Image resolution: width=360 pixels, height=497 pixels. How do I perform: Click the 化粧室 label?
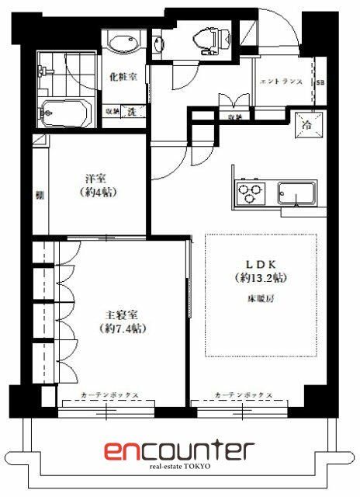pyautogui.click(x=123, y=78)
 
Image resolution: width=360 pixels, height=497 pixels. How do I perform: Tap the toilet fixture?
pyautogui.click(x=206, y=36)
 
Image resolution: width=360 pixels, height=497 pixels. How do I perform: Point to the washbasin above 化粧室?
pyautogui.click(x=123, y=42)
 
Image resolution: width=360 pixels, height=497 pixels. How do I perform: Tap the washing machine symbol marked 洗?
pyautogui.click(x=132, y=112)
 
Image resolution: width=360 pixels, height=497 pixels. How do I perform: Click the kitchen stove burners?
pyautogui.click(x=250, y=191)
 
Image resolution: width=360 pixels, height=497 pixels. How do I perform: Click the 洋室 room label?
pyautogui.click(x=95, y=177)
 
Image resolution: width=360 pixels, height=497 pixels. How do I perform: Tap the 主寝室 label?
pyautogui.click(x=123, y=315)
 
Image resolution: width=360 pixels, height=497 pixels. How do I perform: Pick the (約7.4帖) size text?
pyautogui.click(x=123, y=328)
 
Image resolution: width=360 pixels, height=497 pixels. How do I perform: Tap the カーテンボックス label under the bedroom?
pyautogui.click(x=109, y=394)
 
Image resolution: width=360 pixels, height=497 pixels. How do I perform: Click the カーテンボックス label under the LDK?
pyautogui.click(x=243, y=394)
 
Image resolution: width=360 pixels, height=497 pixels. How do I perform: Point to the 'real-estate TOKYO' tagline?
pyautogui.click(x=180, y=467)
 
